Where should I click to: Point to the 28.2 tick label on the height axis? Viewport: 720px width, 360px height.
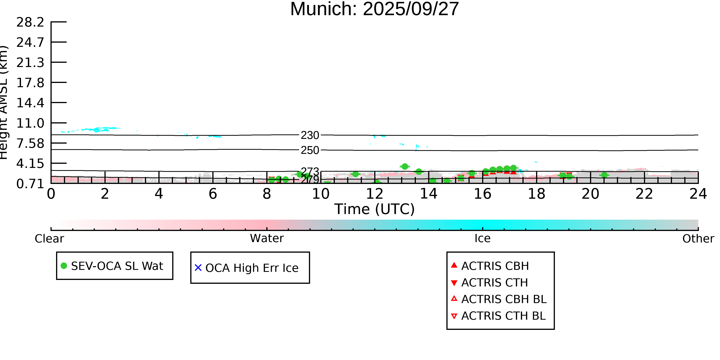30,22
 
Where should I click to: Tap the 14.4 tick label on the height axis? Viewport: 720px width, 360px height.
30,103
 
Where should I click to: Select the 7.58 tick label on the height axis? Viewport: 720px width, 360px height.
30,143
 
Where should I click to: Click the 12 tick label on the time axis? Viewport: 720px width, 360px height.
375,194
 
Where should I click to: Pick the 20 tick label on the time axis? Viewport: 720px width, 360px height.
590,194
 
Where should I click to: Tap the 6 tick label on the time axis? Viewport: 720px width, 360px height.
213,194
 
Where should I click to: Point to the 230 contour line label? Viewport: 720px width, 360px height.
310,135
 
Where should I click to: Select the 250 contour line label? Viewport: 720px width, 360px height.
310,150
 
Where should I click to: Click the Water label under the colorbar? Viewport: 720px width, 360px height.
267,238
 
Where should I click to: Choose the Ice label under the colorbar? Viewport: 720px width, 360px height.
482,238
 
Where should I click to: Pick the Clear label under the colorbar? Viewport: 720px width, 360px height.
49,239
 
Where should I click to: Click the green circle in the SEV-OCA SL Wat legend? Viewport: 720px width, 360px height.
64,266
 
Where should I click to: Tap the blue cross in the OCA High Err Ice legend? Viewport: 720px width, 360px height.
198,268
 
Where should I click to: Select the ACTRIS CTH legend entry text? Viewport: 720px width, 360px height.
494,283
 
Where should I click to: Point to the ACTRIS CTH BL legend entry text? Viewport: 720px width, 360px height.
503,316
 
